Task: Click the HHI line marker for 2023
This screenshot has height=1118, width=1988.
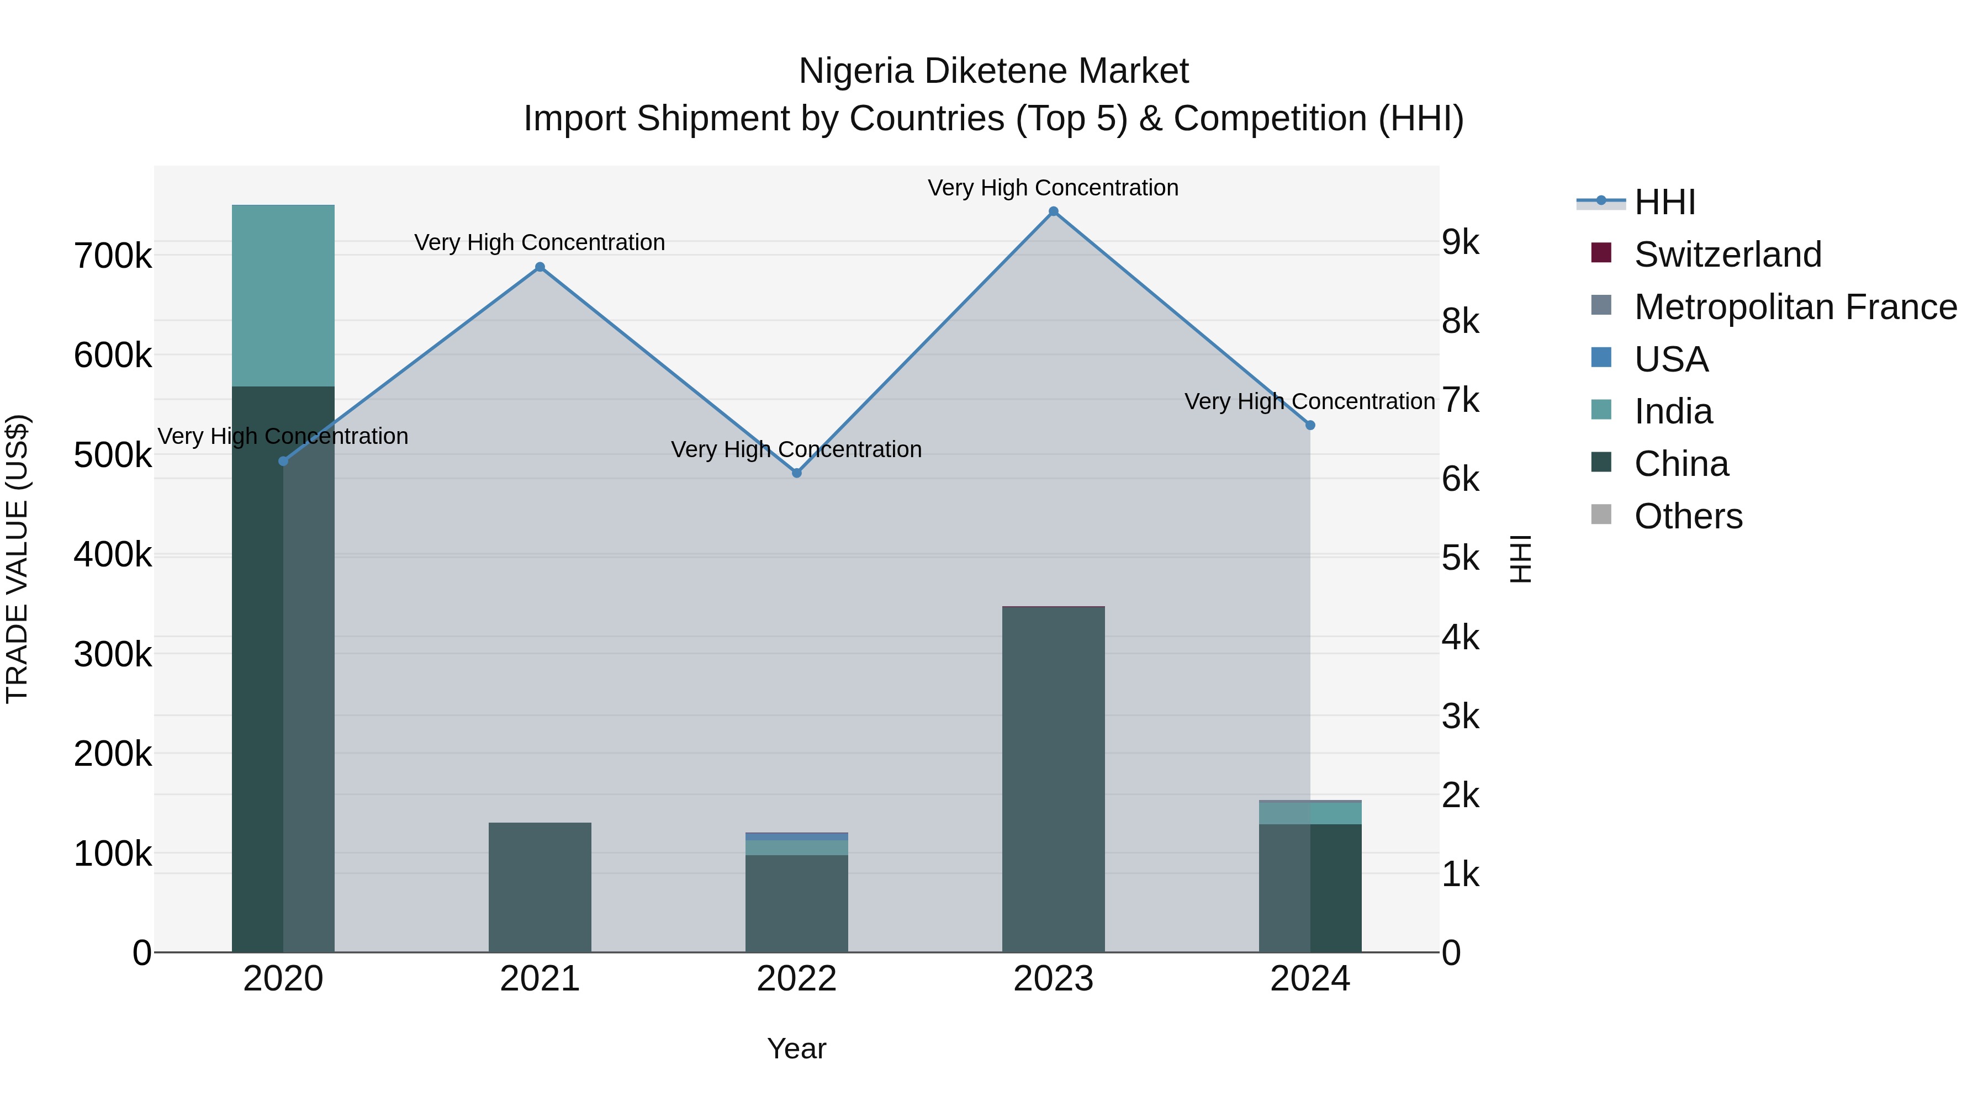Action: [x=1054, y=211]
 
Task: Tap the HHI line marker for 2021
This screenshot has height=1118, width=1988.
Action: [x=540, y=268]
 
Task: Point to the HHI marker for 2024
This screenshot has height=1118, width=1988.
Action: [x=1310, y=425]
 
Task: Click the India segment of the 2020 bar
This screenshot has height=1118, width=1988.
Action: [x=283, y=295]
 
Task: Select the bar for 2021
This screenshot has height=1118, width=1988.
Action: [x=540, y=887]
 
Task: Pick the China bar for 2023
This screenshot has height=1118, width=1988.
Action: [x=1054, y=779]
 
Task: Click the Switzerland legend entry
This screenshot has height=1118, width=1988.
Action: [x=1727, y=255]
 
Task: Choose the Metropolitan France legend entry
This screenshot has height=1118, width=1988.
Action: [x=1795, y=307]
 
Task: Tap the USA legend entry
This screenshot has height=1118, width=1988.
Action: [x=1671, y=359]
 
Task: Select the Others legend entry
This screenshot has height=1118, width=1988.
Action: [x=1688, y=516]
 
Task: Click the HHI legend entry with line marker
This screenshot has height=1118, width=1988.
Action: [x=1664, y=202]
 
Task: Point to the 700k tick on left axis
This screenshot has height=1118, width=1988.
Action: [x=113, y=256]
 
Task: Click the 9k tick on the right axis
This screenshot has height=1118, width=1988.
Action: [x=1461, y=242]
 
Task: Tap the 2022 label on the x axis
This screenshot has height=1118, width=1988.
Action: [x=796, y=979]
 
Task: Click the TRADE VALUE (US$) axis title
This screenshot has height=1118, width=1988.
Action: [x=17, y=559]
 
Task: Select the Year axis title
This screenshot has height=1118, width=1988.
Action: [x=796, y=1048]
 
